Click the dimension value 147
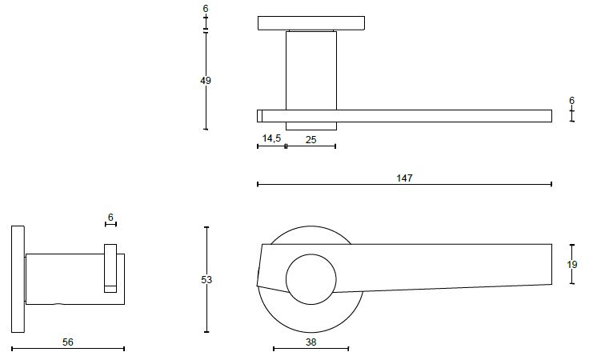coord(404,178)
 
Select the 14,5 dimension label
coord(271,138)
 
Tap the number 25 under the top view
coord(311,140)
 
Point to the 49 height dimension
coord(206,80)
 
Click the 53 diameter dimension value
coord(206,280)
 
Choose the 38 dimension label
coord(311,342)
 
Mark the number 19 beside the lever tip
coord(572,265)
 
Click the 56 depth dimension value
coord(67,342)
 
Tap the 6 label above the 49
coord(206,8)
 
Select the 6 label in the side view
coord(110,217)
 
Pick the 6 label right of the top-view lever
coord(571,100)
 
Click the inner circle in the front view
coord(311,279)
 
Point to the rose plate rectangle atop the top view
coord(311,23)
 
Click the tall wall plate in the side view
coord(18,279)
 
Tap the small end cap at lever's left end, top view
coord(259,116)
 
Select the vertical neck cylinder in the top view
coord(311,70)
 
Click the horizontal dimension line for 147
coord(404,184)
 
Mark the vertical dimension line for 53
coord(206,279)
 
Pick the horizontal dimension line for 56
coord(68,349)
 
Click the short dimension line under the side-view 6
coord(110,224)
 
